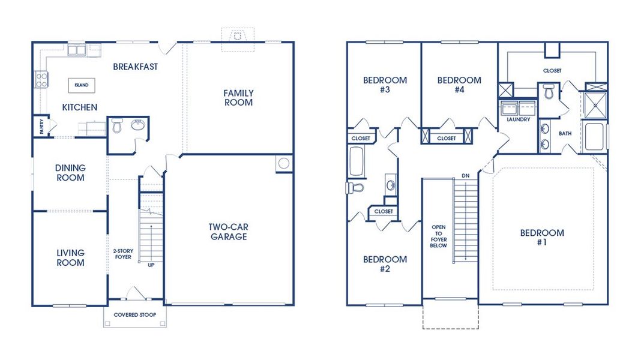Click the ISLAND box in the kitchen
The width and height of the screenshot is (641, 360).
coord(82,85)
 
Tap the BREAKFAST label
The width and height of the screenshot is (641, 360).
coord(136,67)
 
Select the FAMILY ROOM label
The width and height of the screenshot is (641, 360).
coord(238,98)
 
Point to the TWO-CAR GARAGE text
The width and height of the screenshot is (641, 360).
coord(228,232)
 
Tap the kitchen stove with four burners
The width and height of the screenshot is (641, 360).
coord(41,79)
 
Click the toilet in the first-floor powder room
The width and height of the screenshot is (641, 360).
coord(118,127)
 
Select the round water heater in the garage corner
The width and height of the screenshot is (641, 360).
coord(284,163)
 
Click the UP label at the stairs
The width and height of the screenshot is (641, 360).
coord(151,264)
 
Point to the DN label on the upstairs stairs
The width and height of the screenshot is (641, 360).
coord(465,175)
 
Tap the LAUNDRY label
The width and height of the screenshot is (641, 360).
coord(518,119)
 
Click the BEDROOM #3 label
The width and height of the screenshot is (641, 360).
coord(385,85)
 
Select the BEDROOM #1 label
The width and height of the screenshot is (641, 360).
coord(542,238)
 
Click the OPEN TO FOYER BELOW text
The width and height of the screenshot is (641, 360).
coord(438,236)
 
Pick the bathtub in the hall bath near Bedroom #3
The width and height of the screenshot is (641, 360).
coord(355,162)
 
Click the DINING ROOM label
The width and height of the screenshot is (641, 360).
coord(70,173)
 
